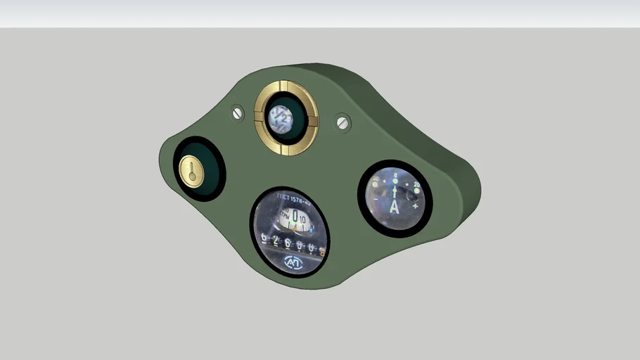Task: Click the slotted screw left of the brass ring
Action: pyautogui.click(x=237, y=112)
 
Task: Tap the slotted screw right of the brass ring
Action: pyautogui.click(x=343, y=122)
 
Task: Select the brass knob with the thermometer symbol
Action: pyautogui.click(x=191, y=171)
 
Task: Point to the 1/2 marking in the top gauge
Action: pyautogui.click(x=283, y=119)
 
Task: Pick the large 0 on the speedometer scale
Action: pyautogui.click(x=296, y=217)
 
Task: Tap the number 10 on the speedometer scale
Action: pyautogui.click(x=304, y=220)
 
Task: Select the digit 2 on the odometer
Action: pyautogui.click(x=276, y=243)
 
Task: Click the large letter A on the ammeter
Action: pyautogui.click(x=394, y=206)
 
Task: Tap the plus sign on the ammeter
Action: pyautogui.click(x=416, y=206)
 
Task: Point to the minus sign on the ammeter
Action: pyautogui.click(x=375, y=200)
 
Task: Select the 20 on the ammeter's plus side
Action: pyautogui.click(x=417, y=185)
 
